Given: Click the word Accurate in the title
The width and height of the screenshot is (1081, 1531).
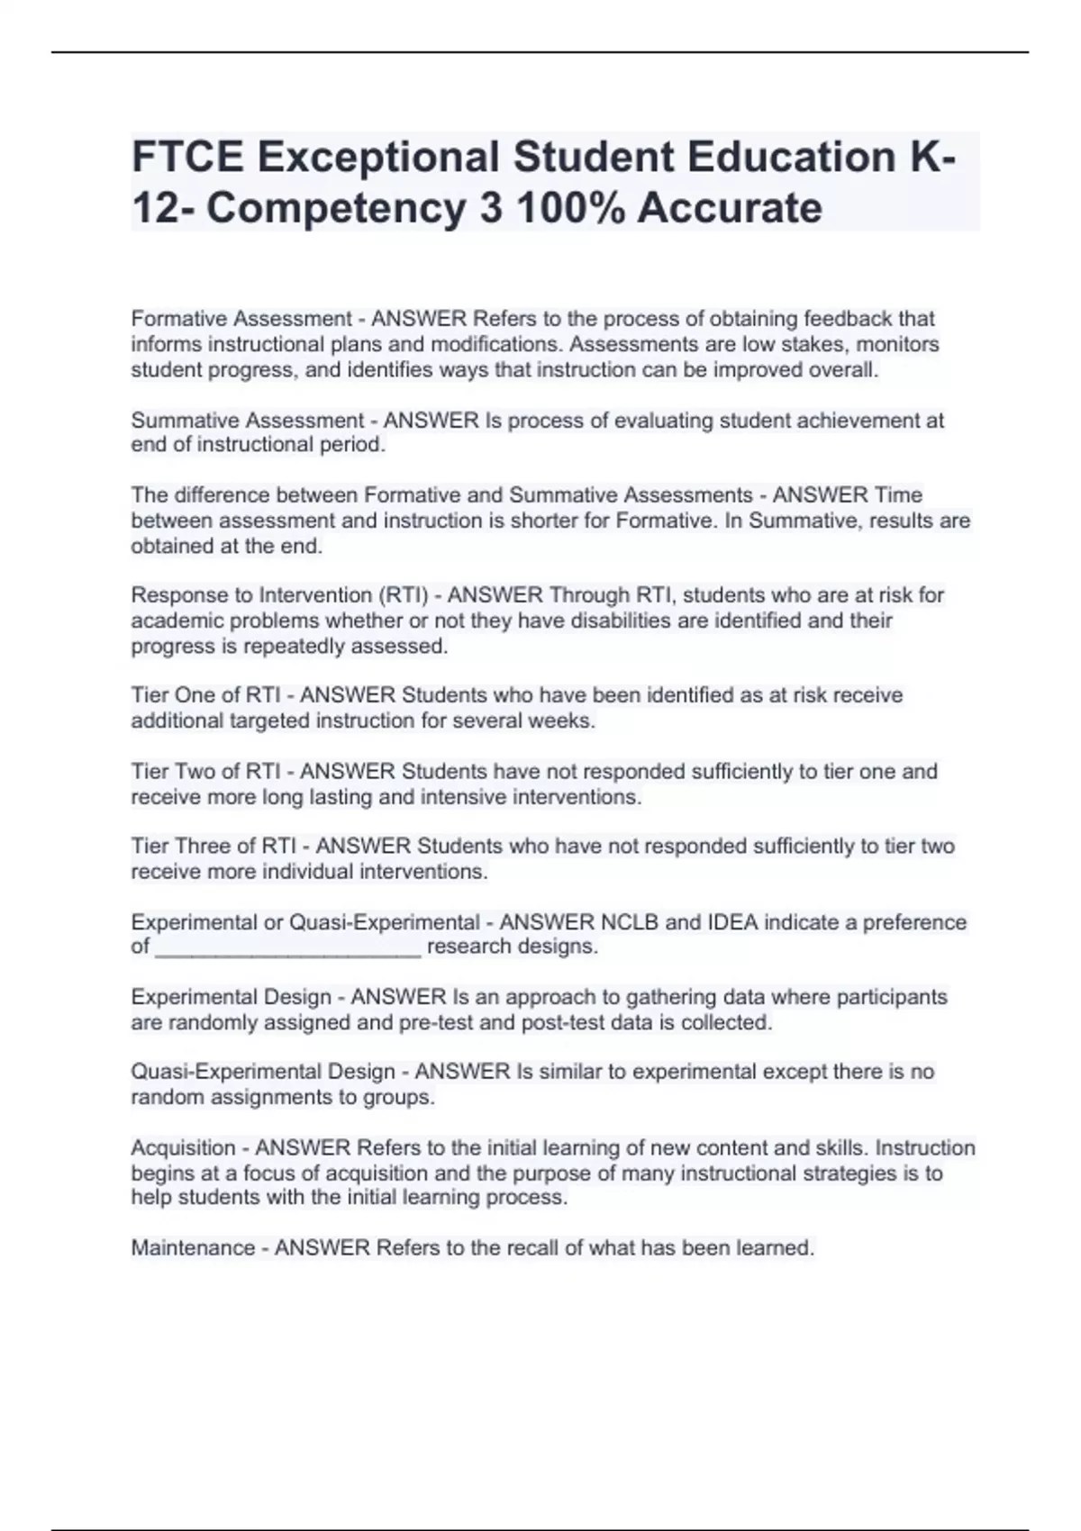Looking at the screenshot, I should (730, 208).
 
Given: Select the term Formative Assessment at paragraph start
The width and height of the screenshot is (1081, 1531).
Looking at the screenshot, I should (241, 319).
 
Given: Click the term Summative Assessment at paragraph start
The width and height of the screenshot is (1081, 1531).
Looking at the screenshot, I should (247, 421).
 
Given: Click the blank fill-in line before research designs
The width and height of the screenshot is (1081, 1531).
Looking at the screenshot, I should (287, 947).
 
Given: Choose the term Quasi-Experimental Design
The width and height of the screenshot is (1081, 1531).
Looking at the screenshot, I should (263, 1072).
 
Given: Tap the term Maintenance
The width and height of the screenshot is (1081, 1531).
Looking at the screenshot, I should (193, 1248).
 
